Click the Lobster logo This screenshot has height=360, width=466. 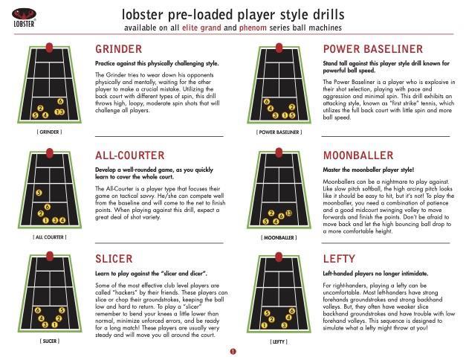(x=24, y=18)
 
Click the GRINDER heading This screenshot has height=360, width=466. (x=119, y=49)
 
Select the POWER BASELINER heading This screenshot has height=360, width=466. (x=373, y=49)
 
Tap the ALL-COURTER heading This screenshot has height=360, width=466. (x=129, y=155)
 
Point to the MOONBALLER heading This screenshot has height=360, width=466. (x=358, y=155)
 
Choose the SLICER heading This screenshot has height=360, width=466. (x=114, y=259)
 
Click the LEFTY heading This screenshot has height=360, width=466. (x=339, y=259)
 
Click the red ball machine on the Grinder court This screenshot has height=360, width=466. (x=49, y=48)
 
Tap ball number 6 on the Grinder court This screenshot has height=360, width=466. (x=60, y=101)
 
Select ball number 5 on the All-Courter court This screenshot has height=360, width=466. (x=39, y=193)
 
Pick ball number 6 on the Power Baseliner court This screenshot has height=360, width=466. (x=267, y=102)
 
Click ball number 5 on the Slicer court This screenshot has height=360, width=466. (x=62, y=310)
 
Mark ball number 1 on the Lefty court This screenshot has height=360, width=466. (x=264, y=326)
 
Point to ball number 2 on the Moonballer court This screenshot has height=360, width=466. (x=271, y=213)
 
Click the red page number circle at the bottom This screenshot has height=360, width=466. (x=233, y=352)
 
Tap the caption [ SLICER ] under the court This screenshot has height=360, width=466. (x=50, y=341)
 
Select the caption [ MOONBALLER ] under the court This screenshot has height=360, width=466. (x=279, y=238)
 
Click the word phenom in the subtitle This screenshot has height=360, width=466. (x=253, y=28)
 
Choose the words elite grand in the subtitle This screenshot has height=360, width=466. (x=201, y=28)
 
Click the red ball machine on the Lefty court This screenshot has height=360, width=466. (x=279, y=257)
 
